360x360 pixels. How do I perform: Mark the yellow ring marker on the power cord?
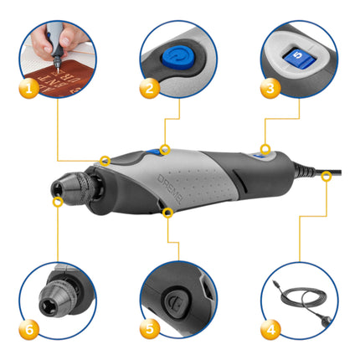click(326, 174)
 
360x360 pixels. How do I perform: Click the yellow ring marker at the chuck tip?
click(57, 201)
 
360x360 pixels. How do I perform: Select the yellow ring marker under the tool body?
click(167, 213)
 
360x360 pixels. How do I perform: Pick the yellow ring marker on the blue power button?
click(165, 150)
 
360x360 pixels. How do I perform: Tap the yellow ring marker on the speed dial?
click(265, 150)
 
